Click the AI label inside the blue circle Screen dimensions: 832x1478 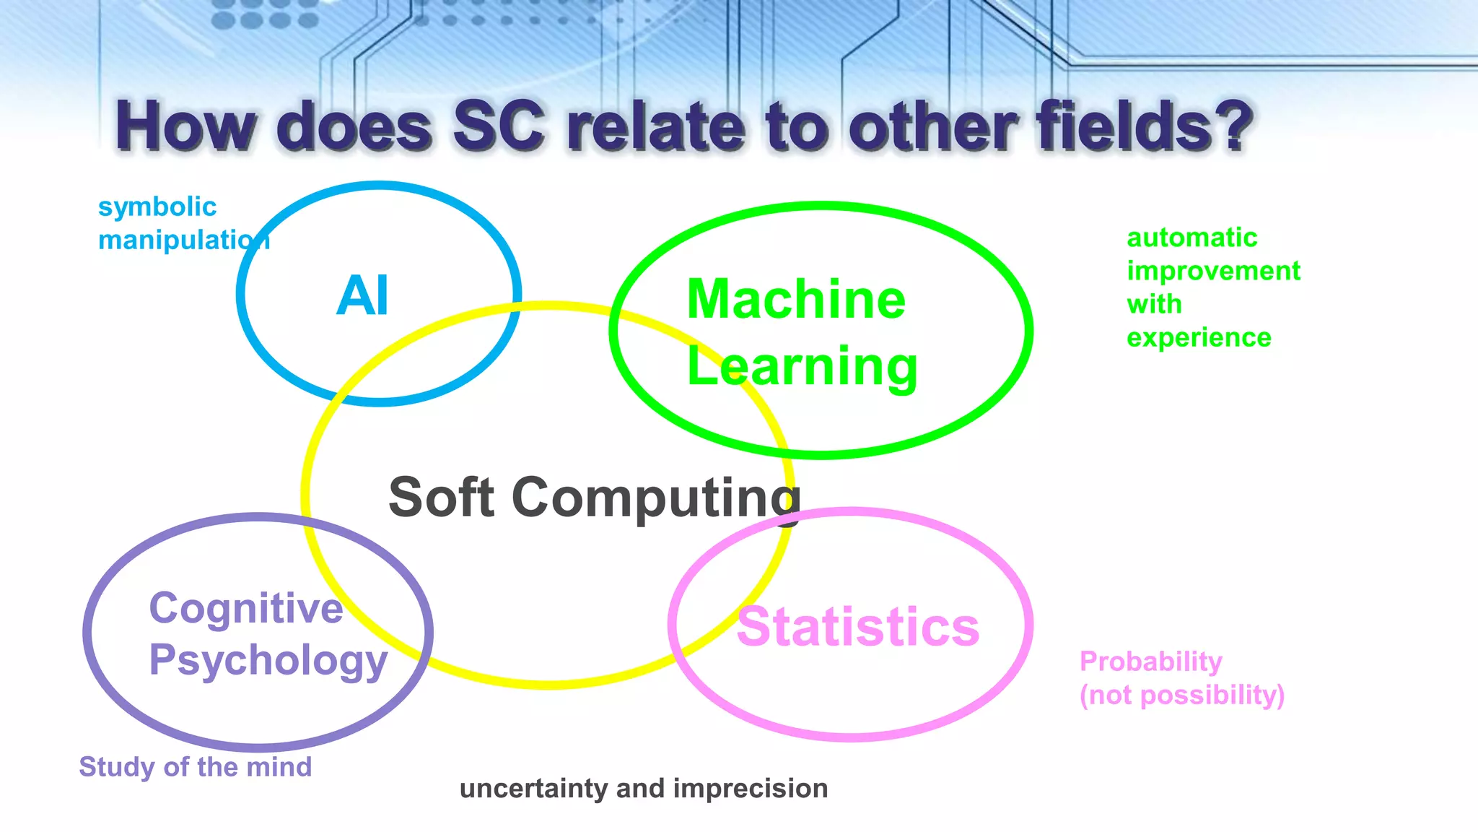point(362,296)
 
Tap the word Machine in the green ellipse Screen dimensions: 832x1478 point(796,300)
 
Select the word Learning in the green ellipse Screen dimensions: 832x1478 point(802,367)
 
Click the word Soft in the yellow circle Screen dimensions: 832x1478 point(442,498)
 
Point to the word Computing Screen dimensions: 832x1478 point(656,499)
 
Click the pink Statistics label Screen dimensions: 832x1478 point(857,627)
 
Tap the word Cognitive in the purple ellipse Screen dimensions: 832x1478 point(246,608)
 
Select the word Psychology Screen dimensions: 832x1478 point(268,660)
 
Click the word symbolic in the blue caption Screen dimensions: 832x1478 point(157,207)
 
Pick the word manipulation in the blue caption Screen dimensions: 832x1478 point(184,240)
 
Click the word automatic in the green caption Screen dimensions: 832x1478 point(1191,238)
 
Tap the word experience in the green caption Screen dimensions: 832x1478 point(1199,337)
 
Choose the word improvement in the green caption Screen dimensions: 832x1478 point(1213,271)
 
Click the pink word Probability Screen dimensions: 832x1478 point(1150,662)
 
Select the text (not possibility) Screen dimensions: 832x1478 point(1181,695)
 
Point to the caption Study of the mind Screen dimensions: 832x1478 point(195,767)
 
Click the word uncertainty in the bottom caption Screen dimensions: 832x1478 point(533,789)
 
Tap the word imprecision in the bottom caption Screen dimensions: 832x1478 point(750,789)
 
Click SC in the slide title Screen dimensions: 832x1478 point(499,126)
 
